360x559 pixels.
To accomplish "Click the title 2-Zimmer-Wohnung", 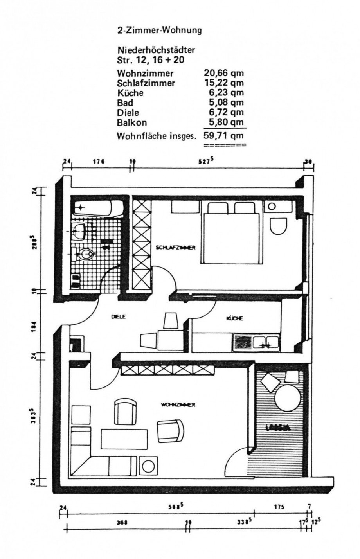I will tap(160, 31).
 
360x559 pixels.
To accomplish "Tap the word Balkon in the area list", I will tap(132, 123).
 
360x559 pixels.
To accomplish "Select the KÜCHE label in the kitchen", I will tap(234, 318).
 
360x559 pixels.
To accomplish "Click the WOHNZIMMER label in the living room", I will tap(178, 405).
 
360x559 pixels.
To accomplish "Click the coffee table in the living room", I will tap(124, 439).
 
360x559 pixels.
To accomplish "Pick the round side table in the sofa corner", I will tap(149, 466).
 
